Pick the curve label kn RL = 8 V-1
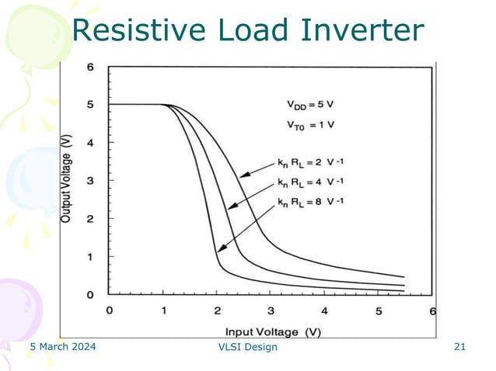pyautogui.click(x=311, y=203)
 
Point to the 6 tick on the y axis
pyautogui.click(x=90, y=68)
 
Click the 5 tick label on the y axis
pyautogui.click(x=90, y=105)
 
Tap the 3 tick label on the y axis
pyautogui.click(x=90, y=180)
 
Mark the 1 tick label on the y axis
pyautogui.click(x=90, y=256)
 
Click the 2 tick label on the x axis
pyautogui.click(x=217, y=310)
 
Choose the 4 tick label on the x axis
pyautogui.click(x=324, y=310)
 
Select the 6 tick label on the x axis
pyautogui.click(x=432, y=310)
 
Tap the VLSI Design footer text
pyautogui.click(x=248, y=347)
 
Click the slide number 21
pyautogui.click(x=459, y=347)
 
